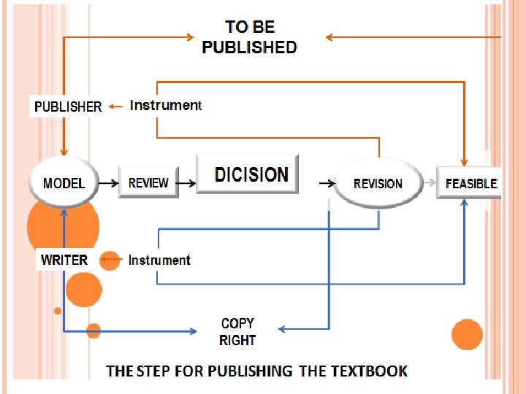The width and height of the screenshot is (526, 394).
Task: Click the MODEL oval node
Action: click(x=64, y=182)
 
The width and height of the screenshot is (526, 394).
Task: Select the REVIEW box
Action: click(x=148, y=182)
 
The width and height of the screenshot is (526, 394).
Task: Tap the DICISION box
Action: click(x=248, y=174)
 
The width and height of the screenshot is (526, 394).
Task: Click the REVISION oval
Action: click(x=378, y=183)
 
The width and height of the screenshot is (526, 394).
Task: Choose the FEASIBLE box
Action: click(x=470, y=182)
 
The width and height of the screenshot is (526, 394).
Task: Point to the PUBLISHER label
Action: click(x=68, y=107)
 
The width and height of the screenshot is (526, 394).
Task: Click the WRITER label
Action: click(x=64, y=260)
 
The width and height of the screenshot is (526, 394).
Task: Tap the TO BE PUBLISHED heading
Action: click(x=250, y=37)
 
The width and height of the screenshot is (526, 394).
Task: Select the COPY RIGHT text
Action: click(x=237, y=331)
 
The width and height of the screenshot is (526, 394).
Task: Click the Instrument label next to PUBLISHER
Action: click(x=165, y=105)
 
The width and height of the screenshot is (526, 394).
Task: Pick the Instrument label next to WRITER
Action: click(x=159, y=260)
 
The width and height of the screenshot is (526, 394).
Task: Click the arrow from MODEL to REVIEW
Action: click(x=108, y=183)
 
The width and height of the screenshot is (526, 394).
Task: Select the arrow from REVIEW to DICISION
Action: click(x=187, y=183)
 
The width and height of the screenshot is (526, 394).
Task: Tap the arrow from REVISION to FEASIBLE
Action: click(x=430, y=183)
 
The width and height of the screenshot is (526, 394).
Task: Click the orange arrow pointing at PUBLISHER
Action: click(x=115, y=107)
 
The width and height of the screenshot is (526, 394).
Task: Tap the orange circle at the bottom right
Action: click(x=467, y=335)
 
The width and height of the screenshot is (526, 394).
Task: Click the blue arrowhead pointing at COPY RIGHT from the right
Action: click(x=284, y=329)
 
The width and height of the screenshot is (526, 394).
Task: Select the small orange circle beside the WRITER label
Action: click(x=110, y=260)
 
